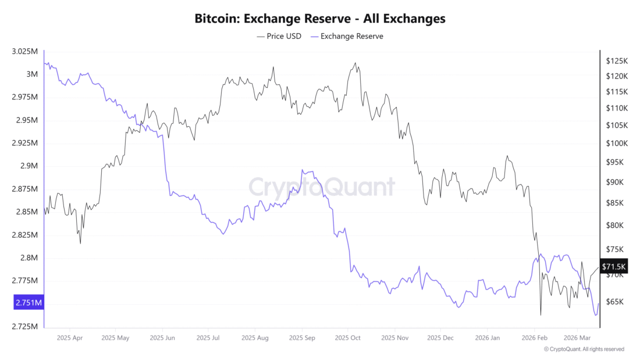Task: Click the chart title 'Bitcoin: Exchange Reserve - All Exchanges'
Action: (320, 19)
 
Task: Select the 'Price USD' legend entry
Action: (279, 36)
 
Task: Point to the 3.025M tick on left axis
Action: (24, 52)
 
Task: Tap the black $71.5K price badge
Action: (614, 266)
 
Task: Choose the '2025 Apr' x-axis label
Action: (70, 337)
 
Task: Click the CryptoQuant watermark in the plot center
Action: (322, 187)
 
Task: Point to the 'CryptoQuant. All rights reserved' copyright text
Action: (584, 350)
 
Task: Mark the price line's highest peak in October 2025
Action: (355, 63)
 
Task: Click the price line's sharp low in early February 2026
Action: (541, 315)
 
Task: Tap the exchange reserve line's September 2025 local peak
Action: (303, 170)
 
